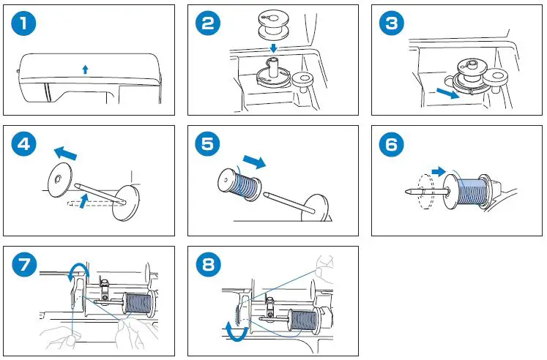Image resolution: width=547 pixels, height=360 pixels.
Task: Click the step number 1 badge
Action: pyautogui.click(x=26, y=24)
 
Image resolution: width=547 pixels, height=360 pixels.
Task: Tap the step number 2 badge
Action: pyautogui.click(x=209, y=24)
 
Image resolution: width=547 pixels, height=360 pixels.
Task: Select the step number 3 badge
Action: pyautogui.click(x=392, y=24)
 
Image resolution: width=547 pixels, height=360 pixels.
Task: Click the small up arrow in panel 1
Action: pyautogui.click(x=85, y=69)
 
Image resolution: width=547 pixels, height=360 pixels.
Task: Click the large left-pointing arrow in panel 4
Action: pyautogui.click(x=67, y=153)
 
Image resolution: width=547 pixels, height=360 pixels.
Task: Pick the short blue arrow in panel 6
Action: pyautogui.click(x=438, y=171)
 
